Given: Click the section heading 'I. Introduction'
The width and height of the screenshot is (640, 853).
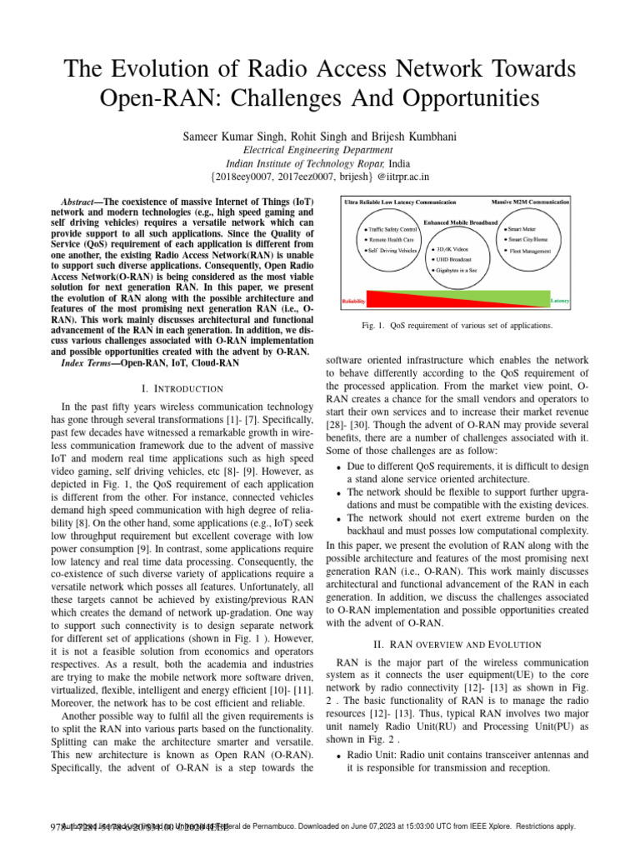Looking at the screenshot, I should click(x=182, y=389).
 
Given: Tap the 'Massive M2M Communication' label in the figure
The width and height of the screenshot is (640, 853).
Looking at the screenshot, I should click(x=529, y=202).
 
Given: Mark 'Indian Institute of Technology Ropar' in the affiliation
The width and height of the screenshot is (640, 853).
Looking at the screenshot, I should click(x=303, y=163).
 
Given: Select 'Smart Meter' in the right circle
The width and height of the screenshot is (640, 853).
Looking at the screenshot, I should click(x=522, y=228).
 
